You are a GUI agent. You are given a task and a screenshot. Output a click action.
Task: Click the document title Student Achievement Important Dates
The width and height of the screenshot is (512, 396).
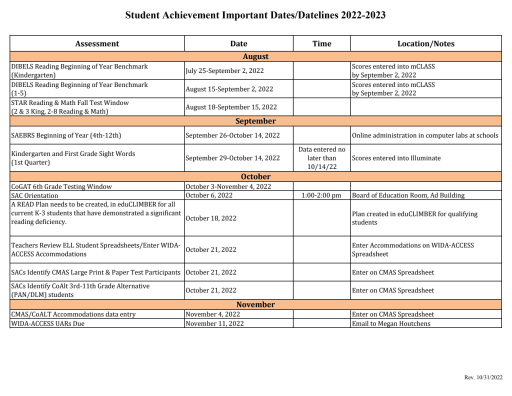(x=255, y=17)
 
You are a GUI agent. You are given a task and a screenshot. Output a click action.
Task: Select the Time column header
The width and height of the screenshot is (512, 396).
(x=321, y=45)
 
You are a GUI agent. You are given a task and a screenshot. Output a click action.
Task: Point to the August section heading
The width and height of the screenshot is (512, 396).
(x=255, y=59)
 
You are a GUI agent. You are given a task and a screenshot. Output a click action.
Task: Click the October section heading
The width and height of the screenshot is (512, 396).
(x=255, y=175)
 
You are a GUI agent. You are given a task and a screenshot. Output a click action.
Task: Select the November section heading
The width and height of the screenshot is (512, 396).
(x=255, y=304)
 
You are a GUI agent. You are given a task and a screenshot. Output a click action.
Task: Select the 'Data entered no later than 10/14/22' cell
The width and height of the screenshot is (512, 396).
(x=321, y=157)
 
